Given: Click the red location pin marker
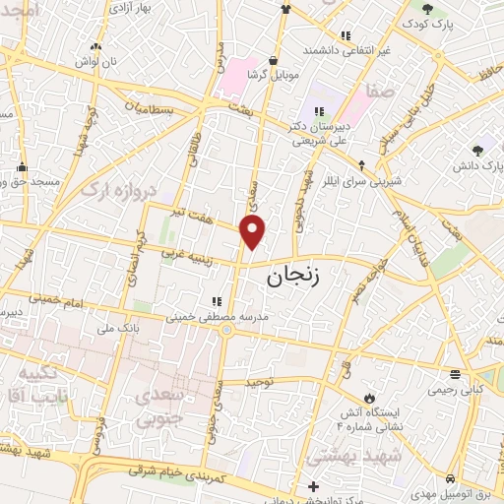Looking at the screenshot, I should click(x=254, y=231).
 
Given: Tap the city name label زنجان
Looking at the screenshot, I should click(x=293, y=280).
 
